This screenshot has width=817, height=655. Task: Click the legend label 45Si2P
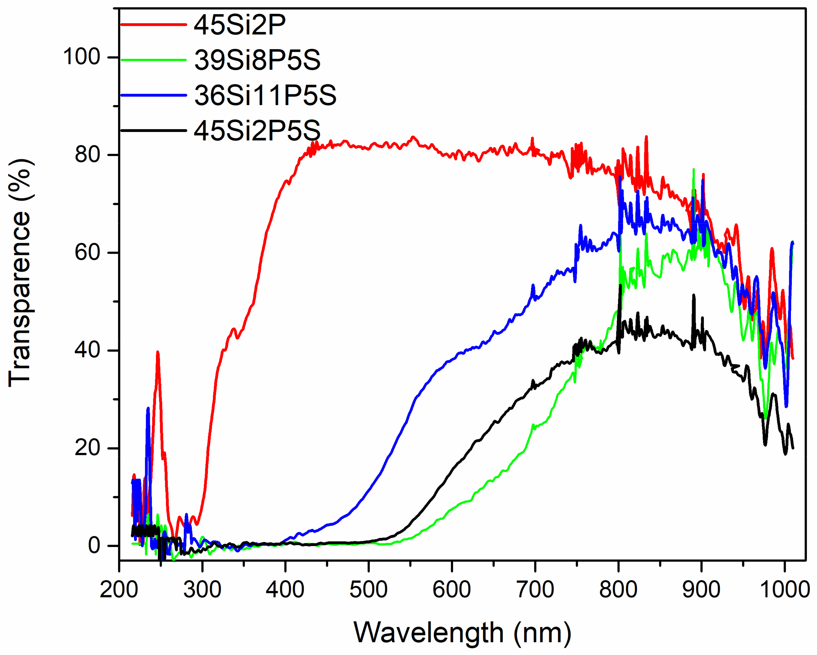(239, 25)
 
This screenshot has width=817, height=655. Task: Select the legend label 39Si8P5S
(257, 60)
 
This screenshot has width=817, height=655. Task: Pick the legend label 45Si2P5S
(257, 130)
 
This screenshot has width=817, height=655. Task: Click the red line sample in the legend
(153, 25)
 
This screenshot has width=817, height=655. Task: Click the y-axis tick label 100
(81, 57)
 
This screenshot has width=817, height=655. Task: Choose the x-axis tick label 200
(119, 590)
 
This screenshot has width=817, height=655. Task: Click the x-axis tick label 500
(368, 590)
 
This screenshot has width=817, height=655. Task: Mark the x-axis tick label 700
(535, 590)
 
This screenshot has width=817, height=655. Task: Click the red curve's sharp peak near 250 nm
(158, 352)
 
